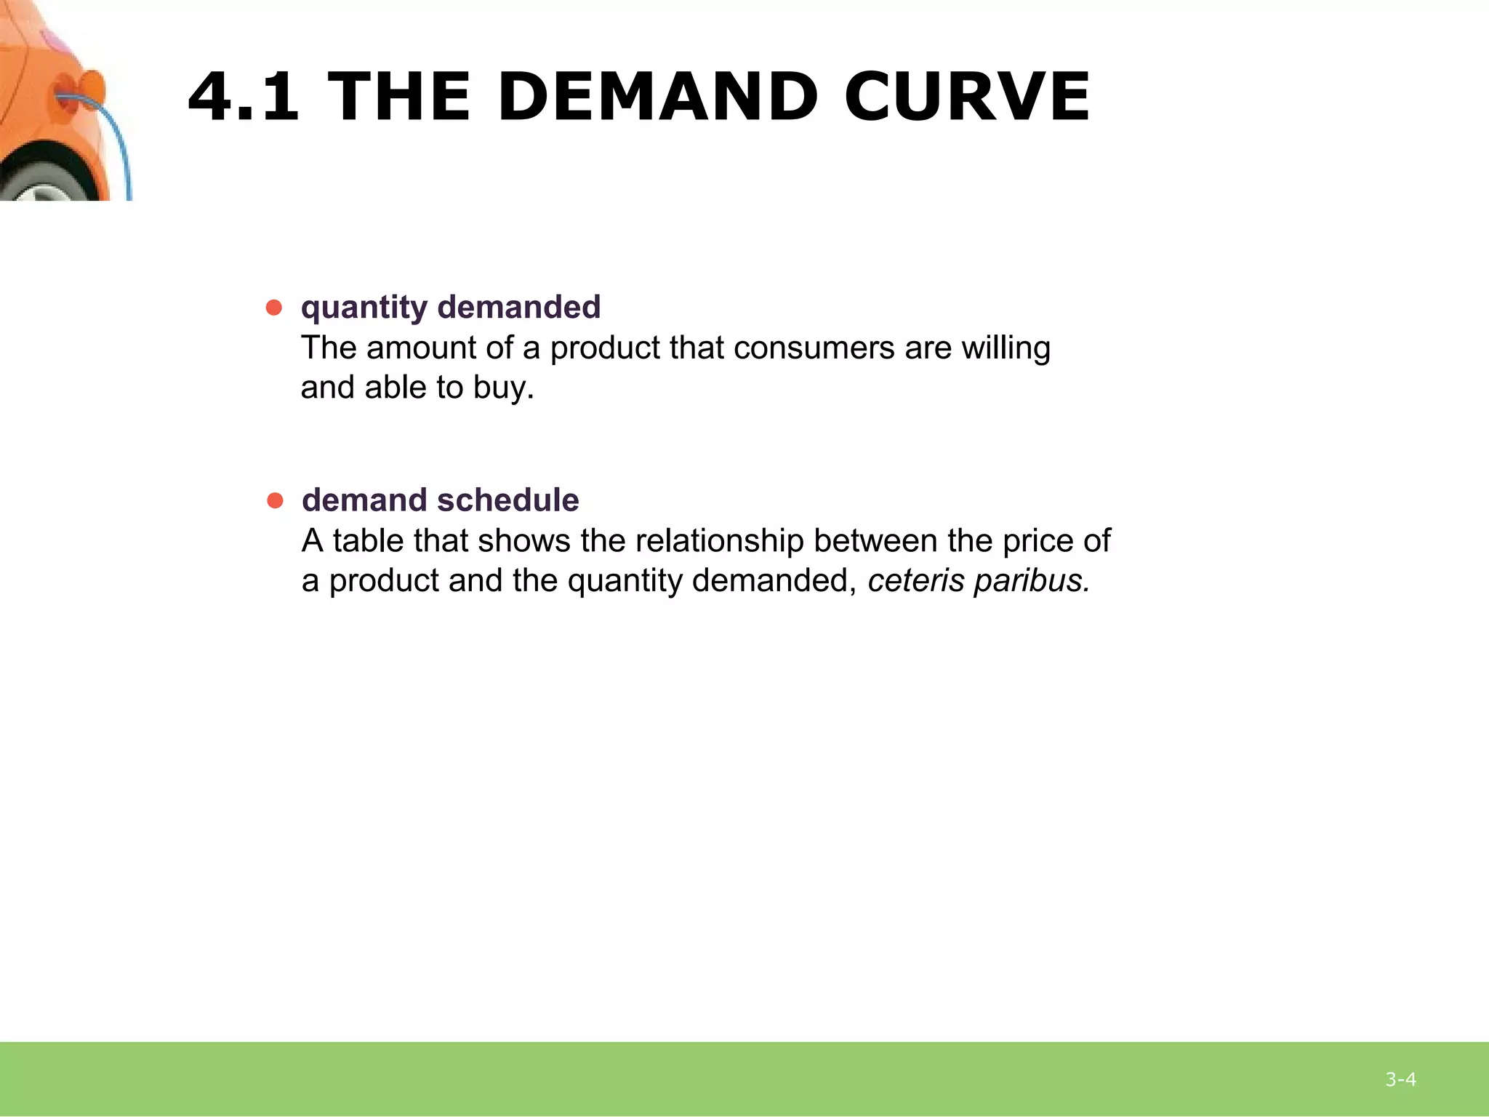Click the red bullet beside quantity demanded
[x=274, y=308]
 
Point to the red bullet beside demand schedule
[x=275, y=500]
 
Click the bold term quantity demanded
[x=451, y=308]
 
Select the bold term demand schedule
[x=440, y=500]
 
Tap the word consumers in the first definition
[x=814, y=348]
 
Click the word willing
[x=1006, y=348]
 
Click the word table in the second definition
[x=369, y=541]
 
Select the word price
[x=1035, y=541]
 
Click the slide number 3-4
[x=1400, y=1079]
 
